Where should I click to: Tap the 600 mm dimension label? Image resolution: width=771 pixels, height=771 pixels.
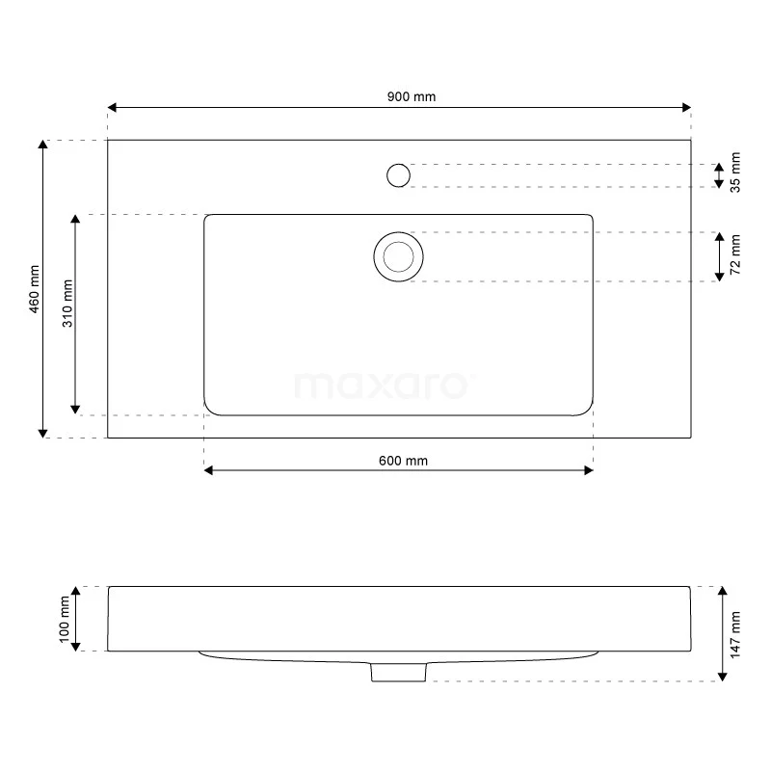tap(403, 461)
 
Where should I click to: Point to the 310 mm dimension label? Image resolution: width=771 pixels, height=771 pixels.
tap(66, 303)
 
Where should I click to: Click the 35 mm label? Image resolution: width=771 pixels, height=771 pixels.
tap(735, 173)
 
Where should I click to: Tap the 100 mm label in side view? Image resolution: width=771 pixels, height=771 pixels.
tap(65, 620)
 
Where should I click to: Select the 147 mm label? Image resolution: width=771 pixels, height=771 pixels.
tap(735, 633)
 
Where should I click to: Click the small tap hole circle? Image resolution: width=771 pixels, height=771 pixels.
tap(398, 175)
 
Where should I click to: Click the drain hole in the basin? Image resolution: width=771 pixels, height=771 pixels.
tap(398, 257)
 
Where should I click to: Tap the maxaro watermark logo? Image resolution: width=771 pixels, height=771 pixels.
tap(383, 385)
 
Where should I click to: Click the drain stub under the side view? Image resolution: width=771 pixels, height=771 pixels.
tap(398, 672)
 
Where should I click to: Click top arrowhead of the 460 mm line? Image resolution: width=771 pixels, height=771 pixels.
tap(43, 146)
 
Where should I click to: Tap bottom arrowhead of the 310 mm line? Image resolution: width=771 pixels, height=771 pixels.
tap(76, 410)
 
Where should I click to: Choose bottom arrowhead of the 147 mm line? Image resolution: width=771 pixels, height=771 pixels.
tap(721, 676)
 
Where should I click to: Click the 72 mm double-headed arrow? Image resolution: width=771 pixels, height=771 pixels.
tap(720, 257)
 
